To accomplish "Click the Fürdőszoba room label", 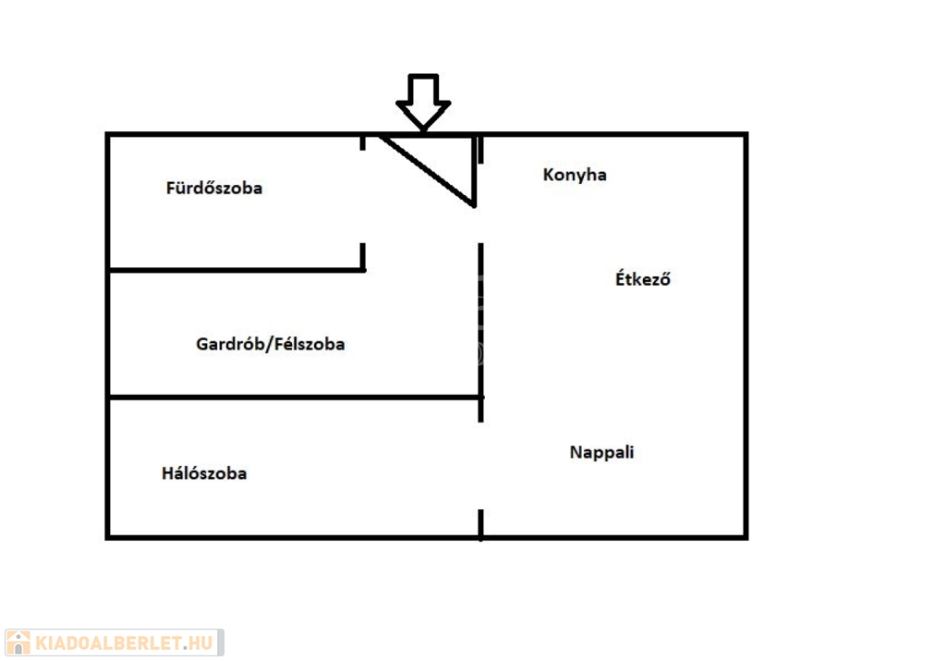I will (214, 188).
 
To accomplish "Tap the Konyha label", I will (575, 175).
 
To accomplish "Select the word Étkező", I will (643, 278).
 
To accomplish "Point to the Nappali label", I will (601, 453).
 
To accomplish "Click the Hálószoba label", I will (204, 473).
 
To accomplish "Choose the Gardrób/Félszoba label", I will (271, 344).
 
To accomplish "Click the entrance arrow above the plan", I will (423, 100).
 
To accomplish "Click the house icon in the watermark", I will (18, 643).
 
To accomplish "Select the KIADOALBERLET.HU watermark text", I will (126, 643).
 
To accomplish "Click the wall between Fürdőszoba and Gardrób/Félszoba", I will (236, 270).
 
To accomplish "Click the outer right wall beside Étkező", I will (745, 278).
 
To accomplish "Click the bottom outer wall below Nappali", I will (613, 536).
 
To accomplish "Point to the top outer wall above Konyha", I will (613, 135).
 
